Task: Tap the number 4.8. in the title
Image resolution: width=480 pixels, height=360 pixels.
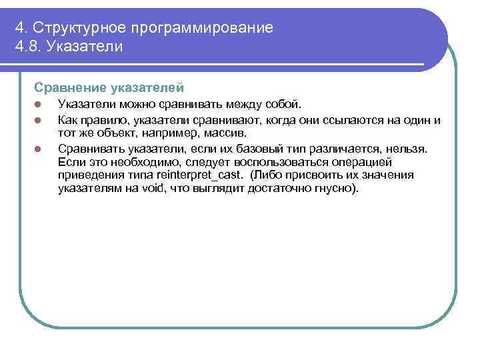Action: pos(29,47)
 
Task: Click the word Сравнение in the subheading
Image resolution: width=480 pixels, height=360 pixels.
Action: pos(67,87)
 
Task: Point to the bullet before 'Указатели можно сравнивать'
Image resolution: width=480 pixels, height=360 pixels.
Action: pos(39,105)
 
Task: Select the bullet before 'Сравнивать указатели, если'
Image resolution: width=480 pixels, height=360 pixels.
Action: pos(39,148)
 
